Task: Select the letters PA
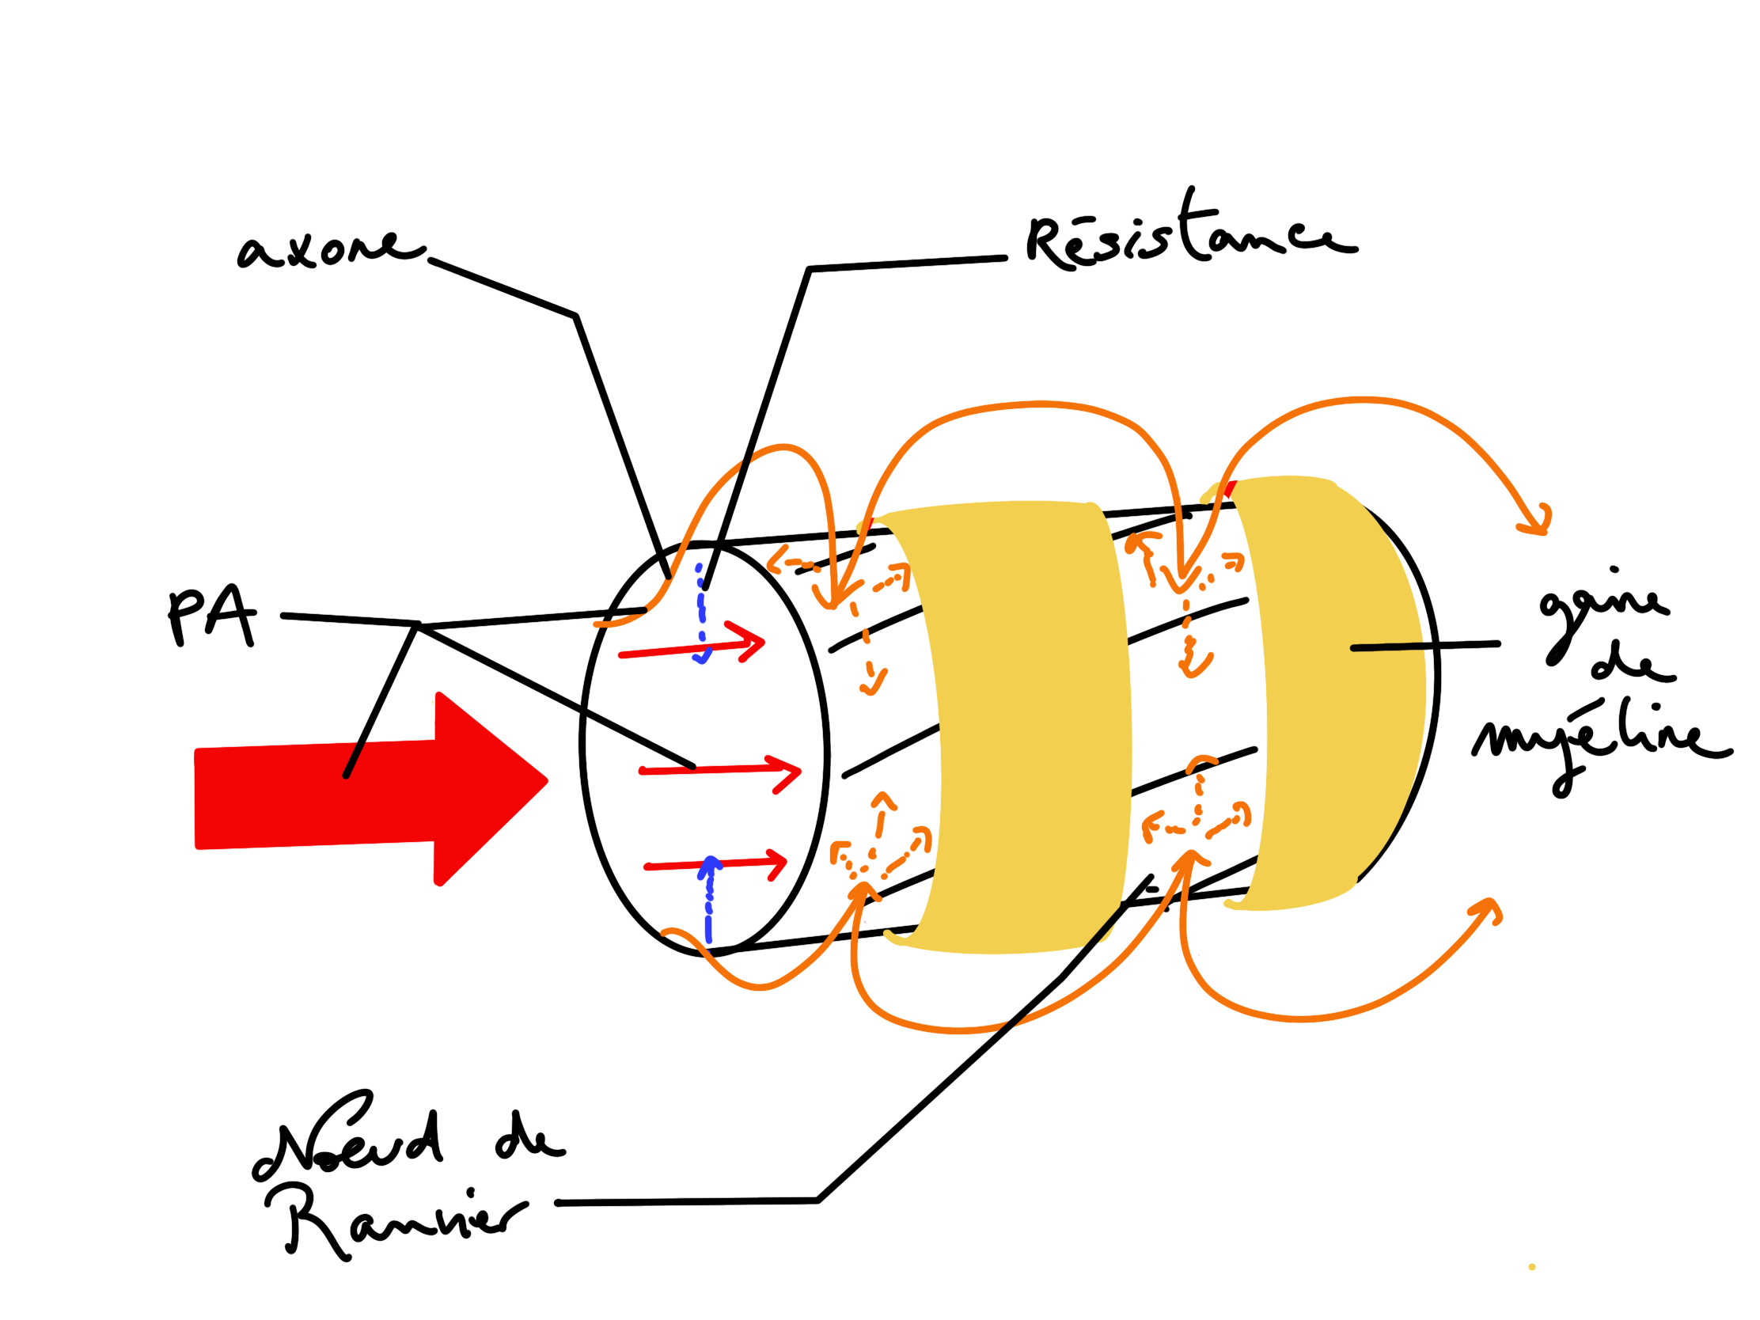click(211, 616)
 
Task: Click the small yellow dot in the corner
click(1531, 1267)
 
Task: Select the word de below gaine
click(1631, 667)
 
